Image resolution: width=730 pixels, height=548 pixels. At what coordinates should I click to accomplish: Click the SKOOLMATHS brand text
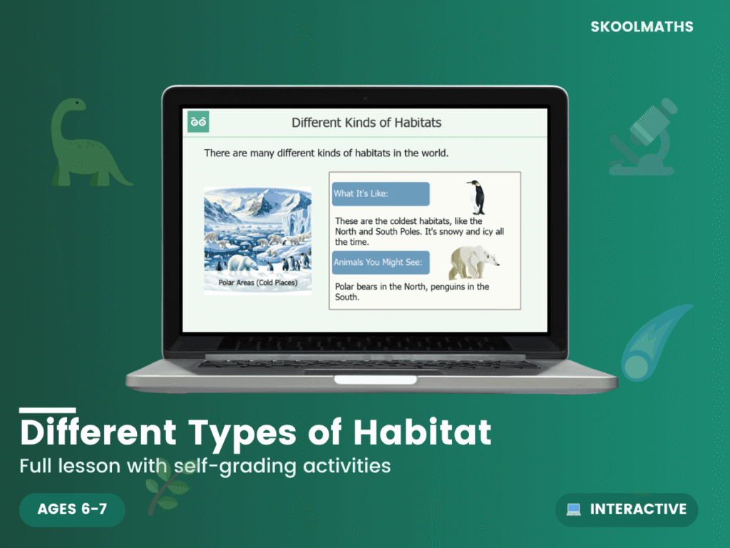[642, 27]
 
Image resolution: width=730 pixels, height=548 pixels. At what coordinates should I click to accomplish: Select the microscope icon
[644, 137]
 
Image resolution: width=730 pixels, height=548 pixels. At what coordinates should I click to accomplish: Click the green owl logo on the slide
[198, 121]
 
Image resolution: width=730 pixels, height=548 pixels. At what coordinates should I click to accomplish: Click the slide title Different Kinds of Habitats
[366, 123]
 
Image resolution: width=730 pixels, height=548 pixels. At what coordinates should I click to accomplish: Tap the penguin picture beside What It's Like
[475, 197]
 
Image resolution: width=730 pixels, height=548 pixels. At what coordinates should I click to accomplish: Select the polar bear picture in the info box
[473, 263]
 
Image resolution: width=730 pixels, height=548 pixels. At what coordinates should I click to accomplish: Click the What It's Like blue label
[381, 193]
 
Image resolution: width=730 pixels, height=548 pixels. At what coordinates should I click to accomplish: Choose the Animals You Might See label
[381, 263]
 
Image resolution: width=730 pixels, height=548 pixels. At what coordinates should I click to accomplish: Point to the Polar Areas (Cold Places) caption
[257, 283]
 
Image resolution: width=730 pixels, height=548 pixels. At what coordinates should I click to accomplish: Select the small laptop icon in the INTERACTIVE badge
[573, 509]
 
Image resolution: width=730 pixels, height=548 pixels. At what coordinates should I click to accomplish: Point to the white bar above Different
[47, 410]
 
